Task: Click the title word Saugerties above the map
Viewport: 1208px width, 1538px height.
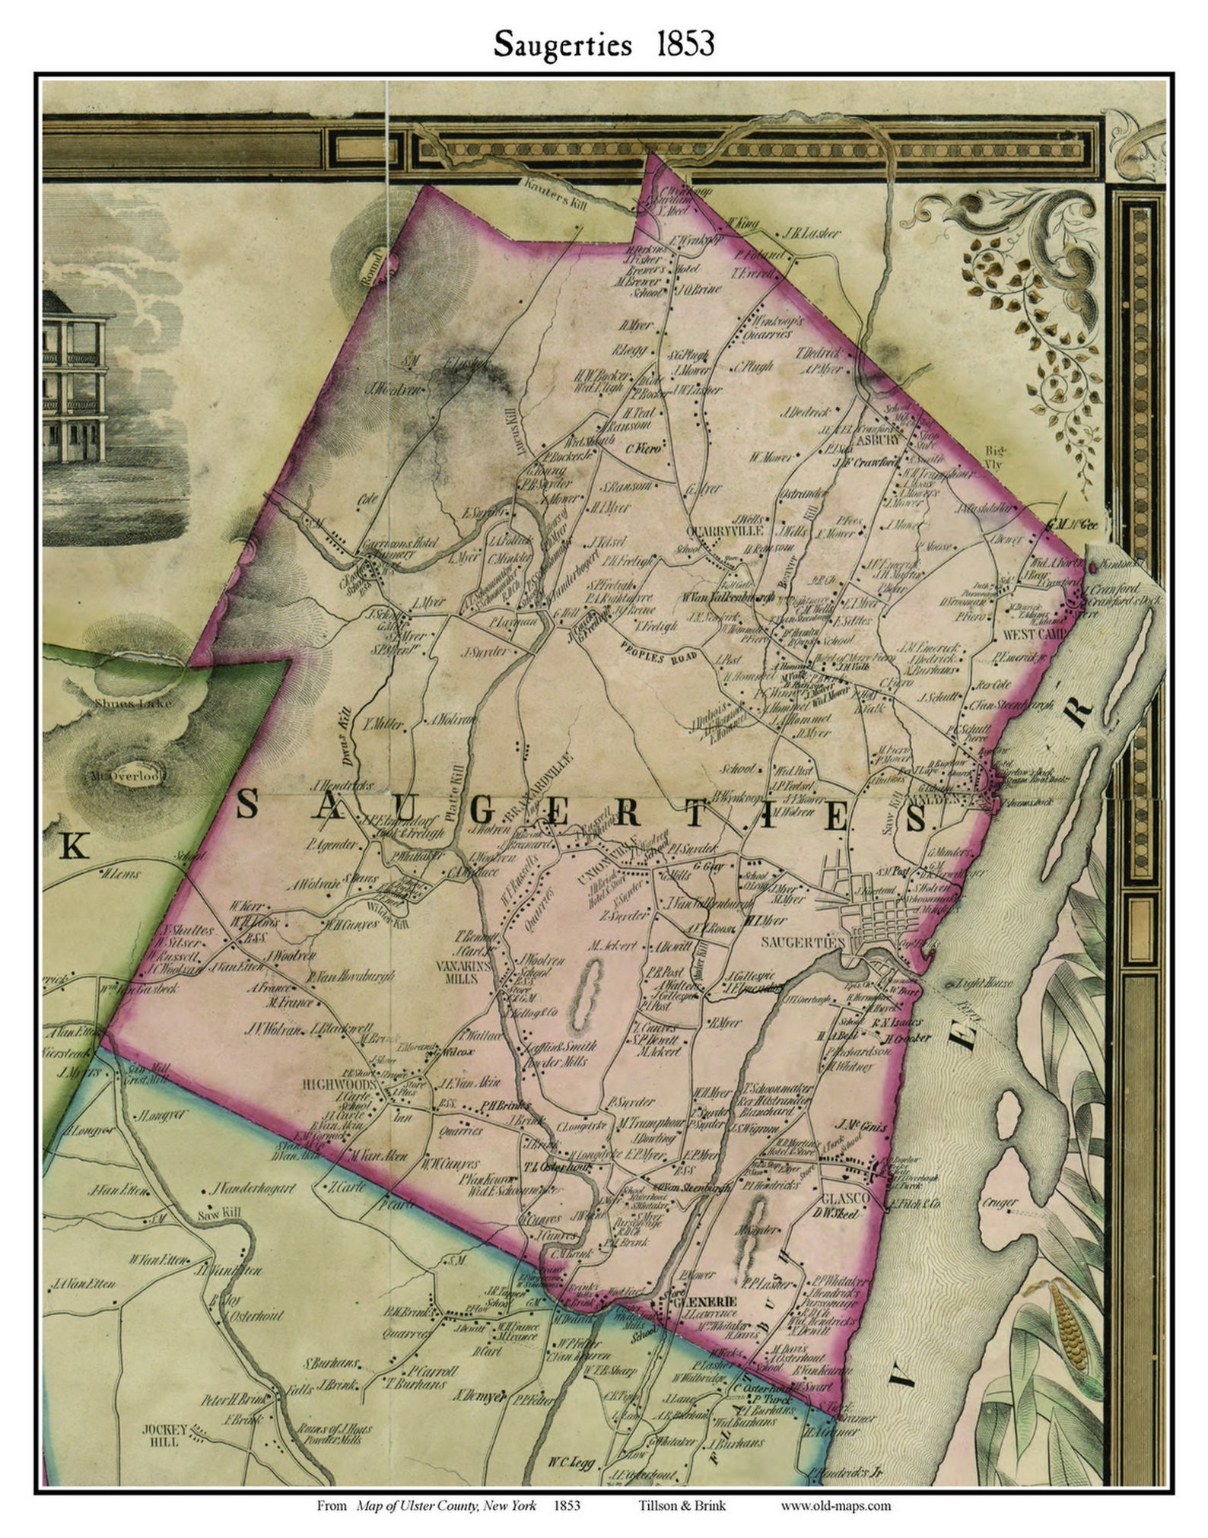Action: tap(562, 44)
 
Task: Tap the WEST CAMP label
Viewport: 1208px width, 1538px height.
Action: tap(1035, 633)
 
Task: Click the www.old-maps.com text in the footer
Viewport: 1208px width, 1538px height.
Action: tap(835, 1505)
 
